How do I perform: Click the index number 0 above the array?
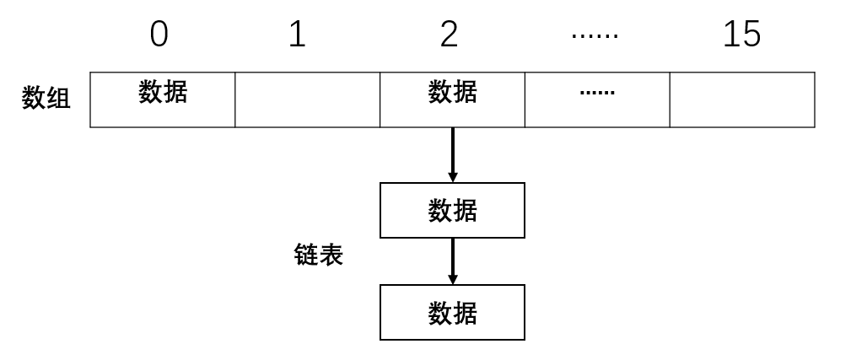[159, 35]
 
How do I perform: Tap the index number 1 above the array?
[297, 35]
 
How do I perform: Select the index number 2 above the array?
[450, 35]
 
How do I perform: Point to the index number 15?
[741, 35]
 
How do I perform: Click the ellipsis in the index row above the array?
[595, 35]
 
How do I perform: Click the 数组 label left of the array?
[46, 99]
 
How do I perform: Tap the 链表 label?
[319, 255]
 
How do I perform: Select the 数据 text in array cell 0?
[163, 91]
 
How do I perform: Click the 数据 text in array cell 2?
[452, 91]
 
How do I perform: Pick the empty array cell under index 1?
[307, 99]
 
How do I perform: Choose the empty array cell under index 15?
[742, 99]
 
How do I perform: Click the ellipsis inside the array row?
[597, 92]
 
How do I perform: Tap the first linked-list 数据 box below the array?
[452, 210]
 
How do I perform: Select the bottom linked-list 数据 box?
[452, 312]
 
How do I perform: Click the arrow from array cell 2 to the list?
[453, 152]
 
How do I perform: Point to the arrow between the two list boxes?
[453, 258]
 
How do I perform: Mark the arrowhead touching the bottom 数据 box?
[453, 279]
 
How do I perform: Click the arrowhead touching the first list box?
[453, 177]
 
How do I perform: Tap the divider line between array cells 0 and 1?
[235, 99]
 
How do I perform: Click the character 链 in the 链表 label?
[306, 255]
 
